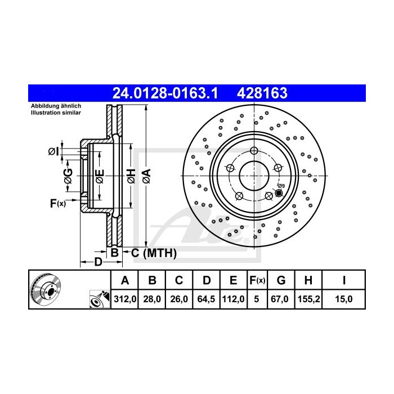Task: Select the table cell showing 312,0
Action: coord(126,299)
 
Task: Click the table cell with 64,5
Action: coord(207,299)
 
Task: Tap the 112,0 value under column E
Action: coord(232,299)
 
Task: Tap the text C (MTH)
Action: coord(154,253)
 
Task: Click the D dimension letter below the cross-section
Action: coord(97,262)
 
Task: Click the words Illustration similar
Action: coord(56,113)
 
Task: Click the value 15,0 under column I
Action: coord(344,299)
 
